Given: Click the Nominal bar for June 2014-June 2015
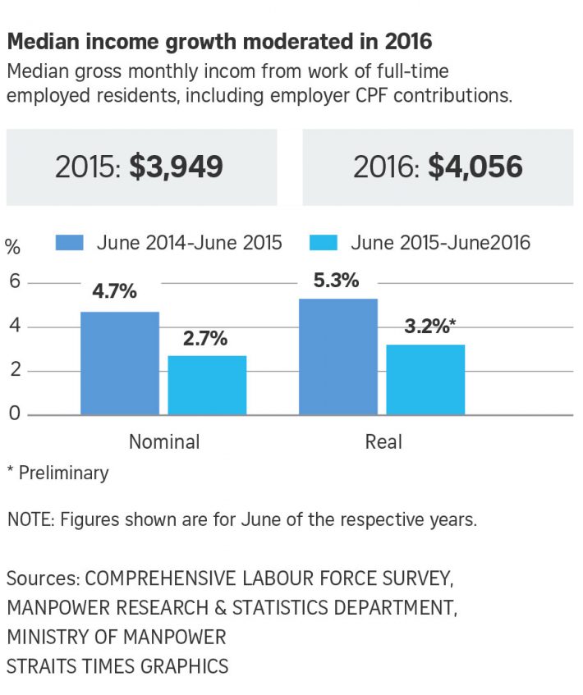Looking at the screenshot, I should [x=120, y=363].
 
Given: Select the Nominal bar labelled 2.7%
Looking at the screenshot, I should [x=206, y=385].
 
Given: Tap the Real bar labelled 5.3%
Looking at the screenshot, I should [x=338, y=356].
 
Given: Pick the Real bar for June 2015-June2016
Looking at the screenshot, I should [x=425, y=379].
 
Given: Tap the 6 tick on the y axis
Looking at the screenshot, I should [x=12, y=283].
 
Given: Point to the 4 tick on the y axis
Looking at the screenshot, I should [x=12, y=327].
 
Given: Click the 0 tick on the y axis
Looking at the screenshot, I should [x=12, y=414].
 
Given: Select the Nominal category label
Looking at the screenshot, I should [x=164, y=442].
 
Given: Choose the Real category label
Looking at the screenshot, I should [x=383, y=442].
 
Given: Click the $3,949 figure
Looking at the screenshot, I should [x=176, y=167].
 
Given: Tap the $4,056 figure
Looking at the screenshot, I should [x=475, y=167].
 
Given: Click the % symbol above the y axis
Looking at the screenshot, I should [x=13, y=246].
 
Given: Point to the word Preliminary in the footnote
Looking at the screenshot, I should [x=63, y=473].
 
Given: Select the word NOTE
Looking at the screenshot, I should [x=30, y=519].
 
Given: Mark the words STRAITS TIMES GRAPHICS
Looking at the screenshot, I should [x=118, y=665].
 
